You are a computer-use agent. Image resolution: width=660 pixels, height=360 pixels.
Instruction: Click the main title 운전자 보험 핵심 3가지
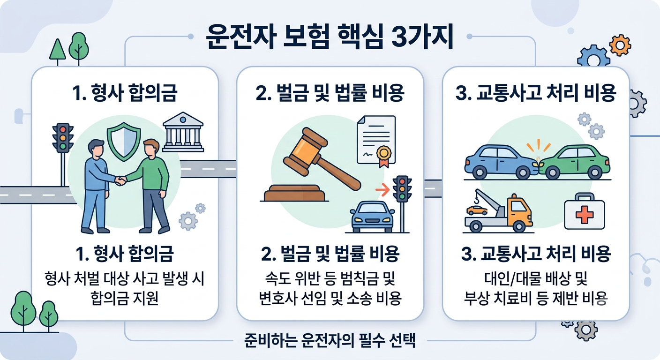coord(330,38)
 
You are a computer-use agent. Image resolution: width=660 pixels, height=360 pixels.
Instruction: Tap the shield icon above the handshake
coord(124,142)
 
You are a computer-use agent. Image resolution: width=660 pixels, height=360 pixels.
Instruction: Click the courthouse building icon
coord(183,132)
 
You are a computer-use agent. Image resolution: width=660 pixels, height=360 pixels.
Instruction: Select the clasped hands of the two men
coord(120,180)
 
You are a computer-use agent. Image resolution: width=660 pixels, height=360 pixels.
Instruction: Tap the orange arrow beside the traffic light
coord(382,189)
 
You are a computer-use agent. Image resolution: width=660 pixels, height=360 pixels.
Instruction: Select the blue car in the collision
coord(502,162)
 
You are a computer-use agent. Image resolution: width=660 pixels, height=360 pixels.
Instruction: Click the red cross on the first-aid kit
coord(585,215)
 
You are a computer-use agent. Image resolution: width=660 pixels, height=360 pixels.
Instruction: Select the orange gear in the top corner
coord(620,45)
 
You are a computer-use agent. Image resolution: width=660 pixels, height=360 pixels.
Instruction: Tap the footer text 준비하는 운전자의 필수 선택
coord(330,341)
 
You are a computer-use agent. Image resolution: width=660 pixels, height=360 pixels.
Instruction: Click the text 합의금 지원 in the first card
coord(125,298)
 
